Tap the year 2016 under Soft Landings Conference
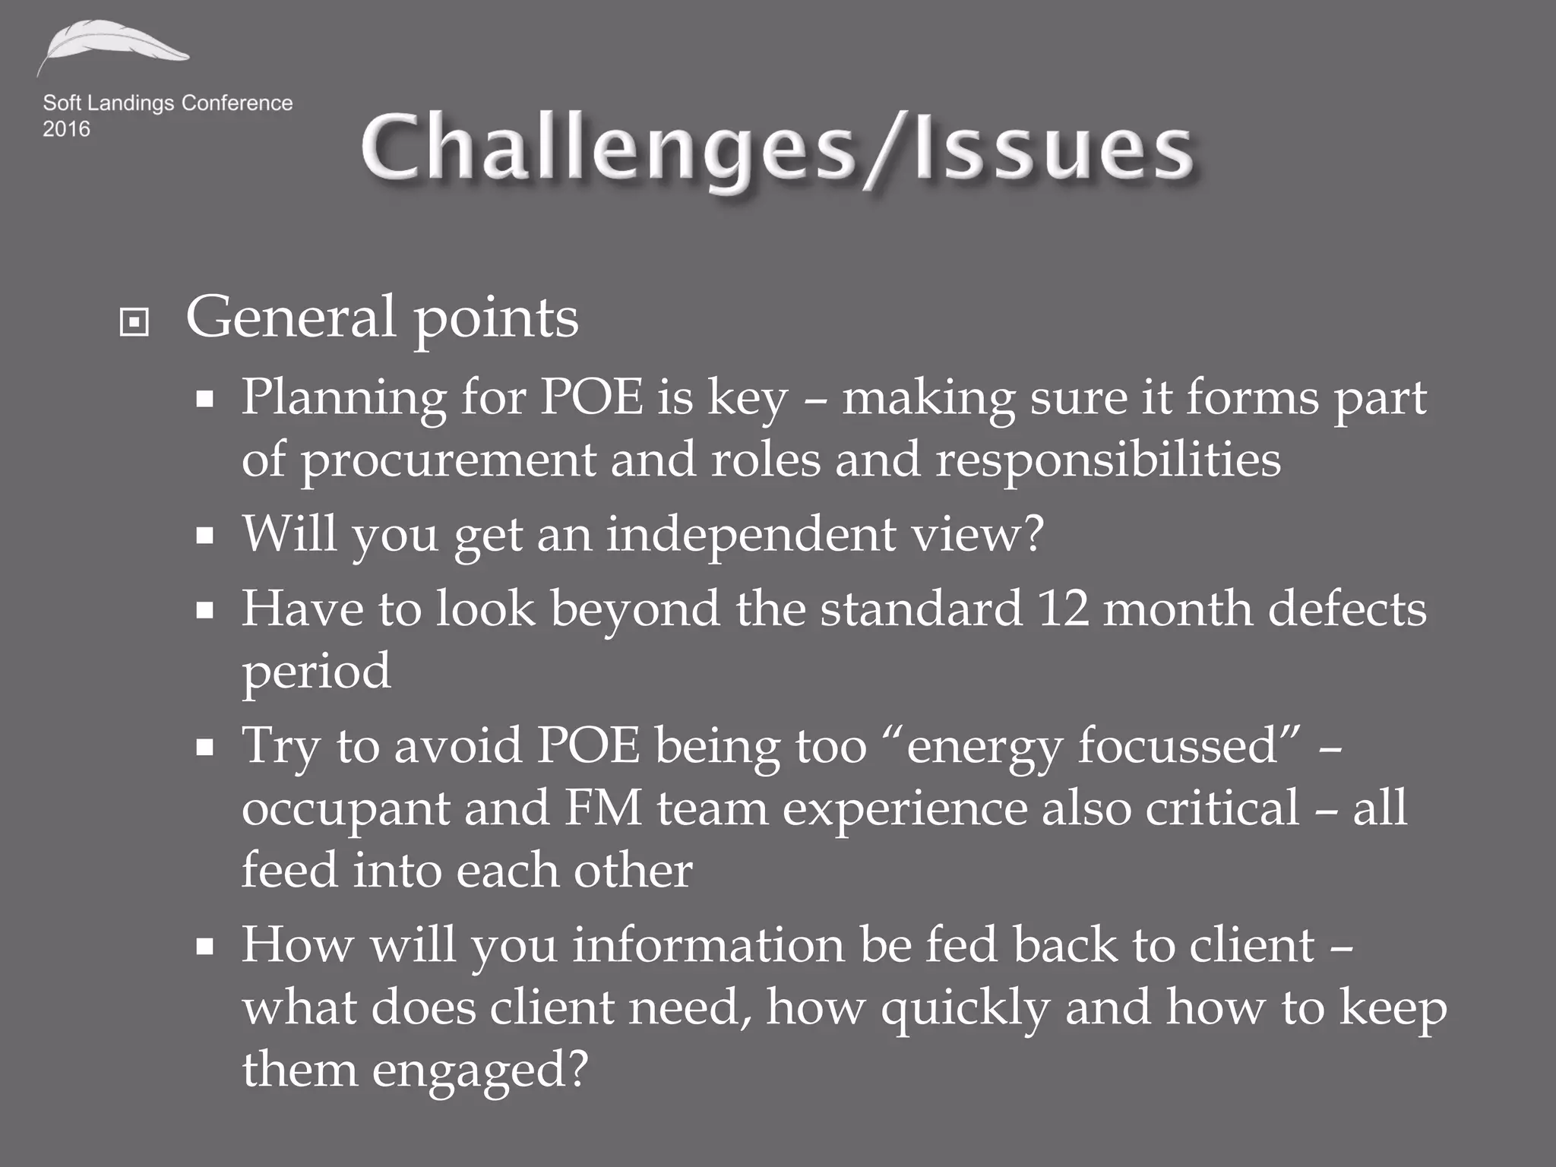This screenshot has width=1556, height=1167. [66, 129]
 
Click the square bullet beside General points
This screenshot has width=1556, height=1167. [134, 323]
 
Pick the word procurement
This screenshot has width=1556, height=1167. [448, 460]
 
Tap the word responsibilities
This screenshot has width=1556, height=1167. [1108, 459]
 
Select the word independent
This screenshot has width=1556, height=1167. [751, 533]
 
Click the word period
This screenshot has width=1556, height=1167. [316, 672]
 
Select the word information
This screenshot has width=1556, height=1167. [707, 945]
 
